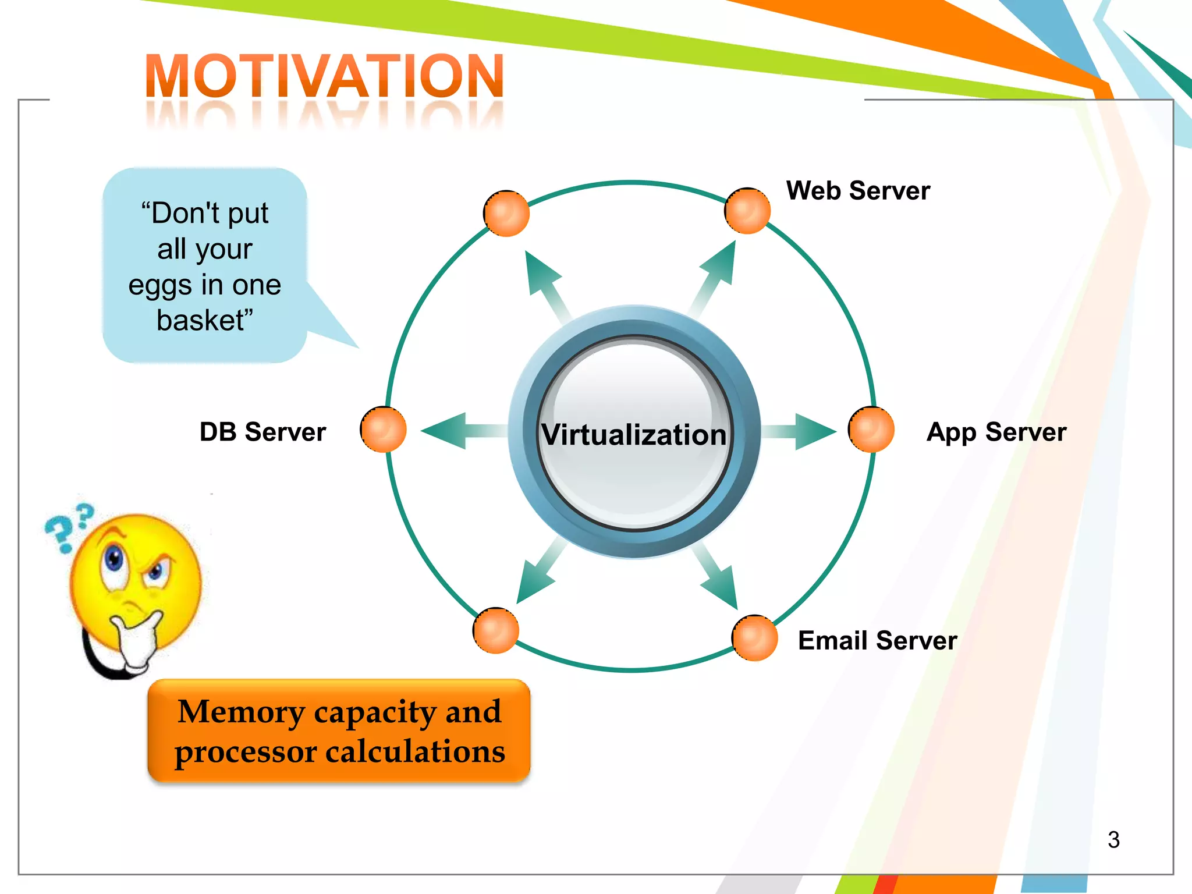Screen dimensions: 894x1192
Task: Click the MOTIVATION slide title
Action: coord(324,76)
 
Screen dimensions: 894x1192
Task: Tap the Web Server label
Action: coord(858,191)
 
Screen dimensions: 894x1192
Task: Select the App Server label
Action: coord(996,432)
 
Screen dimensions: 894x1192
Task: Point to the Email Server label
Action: coord(877,641)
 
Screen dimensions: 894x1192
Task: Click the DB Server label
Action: coord(262,432)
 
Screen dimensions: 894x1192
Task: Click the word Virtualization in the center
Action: coord(634,435)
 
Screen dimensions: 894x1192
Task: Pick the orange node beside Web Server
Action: coord(747,211)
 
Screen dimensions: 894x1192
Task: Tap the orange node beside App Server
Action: coord(871,430)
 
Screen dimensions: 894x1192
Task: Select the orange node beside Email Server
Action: coord(754,638)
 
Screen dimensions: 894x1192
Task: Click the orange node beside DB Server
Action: coord(383,430)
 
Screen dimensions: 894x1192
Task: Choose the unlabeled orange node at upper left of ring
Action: coord(506,213)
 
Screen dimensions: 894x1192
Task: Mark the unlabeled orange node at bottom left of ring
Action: coord(495,630)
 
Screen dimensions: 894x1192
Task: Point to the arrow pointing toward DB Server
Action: coord(454,431)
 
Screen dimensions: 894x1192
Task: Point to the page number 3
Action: coord(1113,839)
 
